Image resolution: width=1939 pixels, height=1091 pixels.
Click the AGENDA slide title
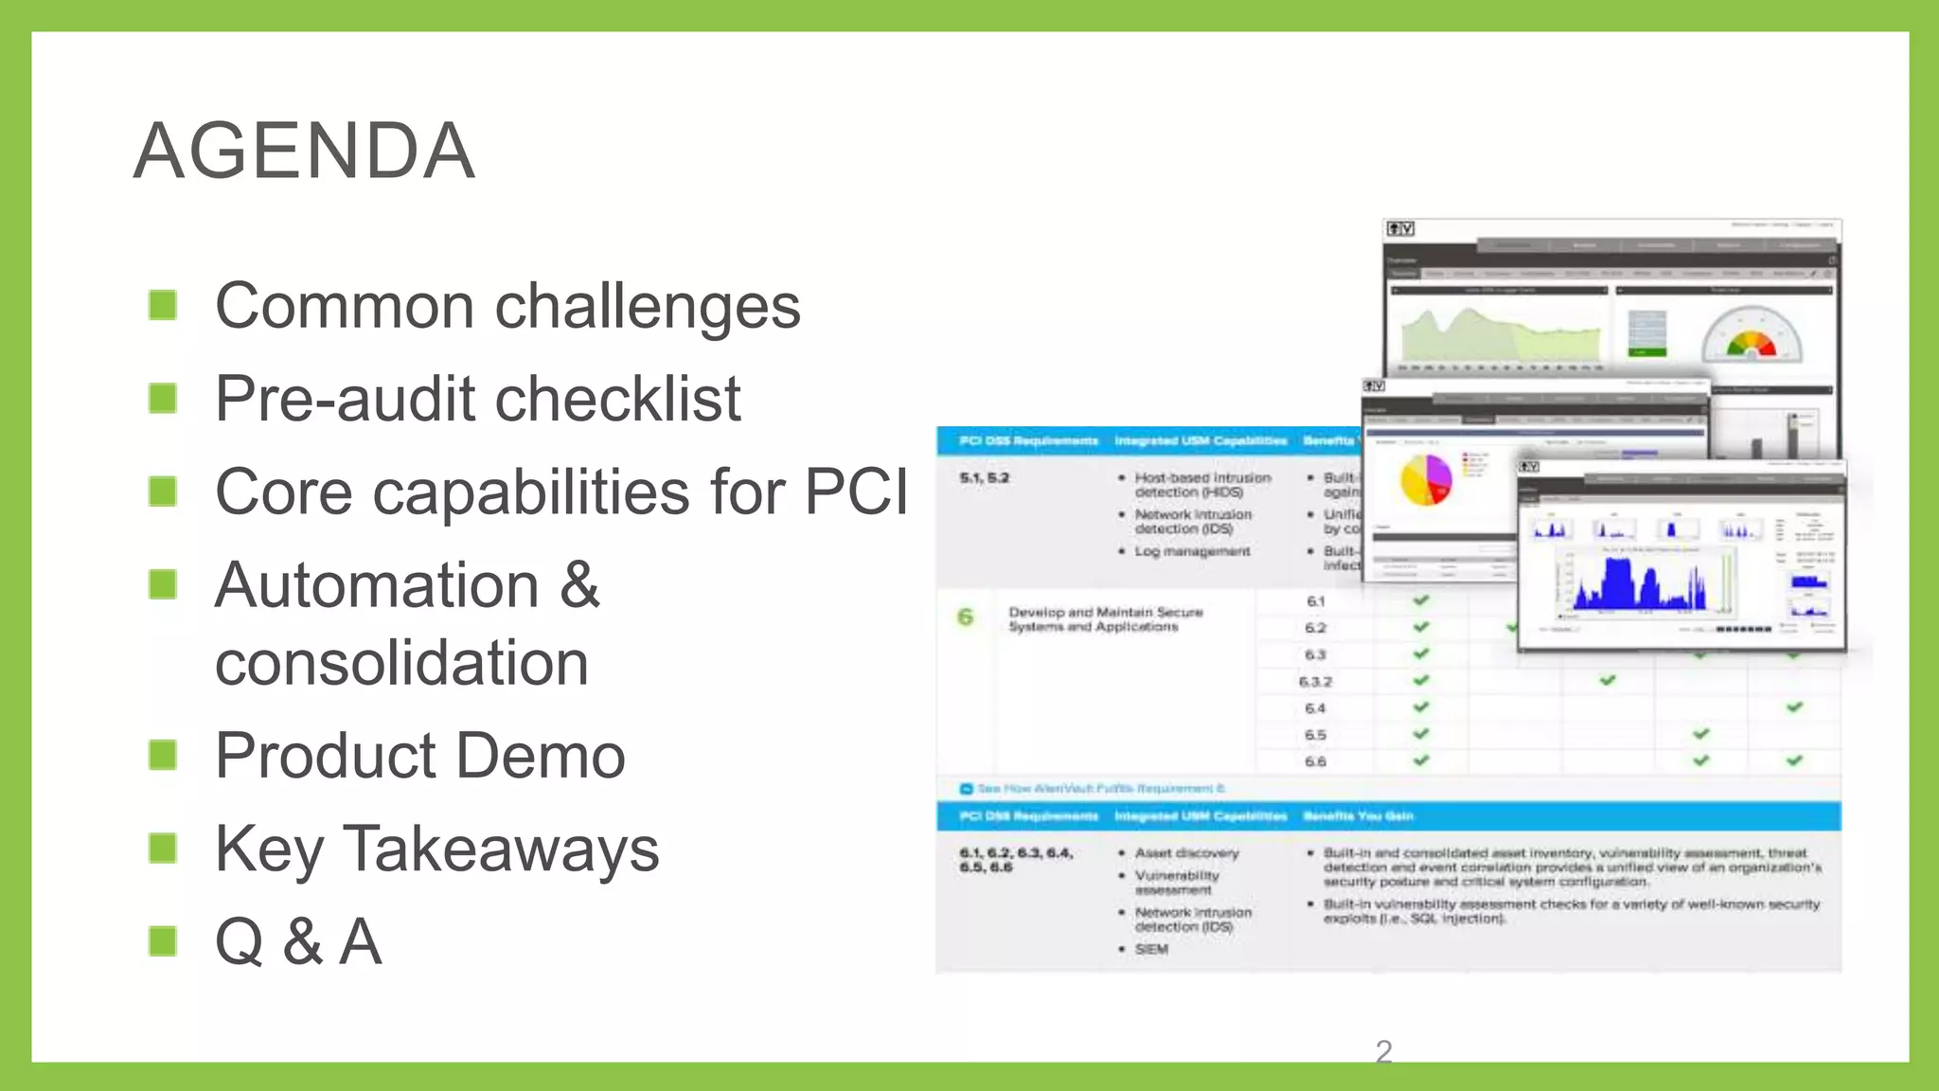(x=304, y=151)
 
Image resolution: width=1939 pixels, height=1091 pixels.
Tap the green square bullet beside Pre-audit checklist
(x=163, y=398)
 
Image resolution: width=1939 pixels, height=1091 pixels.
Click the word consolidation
(x=401, y=662)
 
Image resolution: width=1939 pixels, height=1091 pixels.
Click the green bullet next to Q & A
(x=163, y=940)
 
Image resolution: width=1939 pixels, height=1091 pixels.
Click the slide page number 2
(x=1383, y=1051)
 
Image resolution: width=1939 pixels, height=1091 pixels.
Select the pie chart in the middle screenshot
(x=1425, y=480)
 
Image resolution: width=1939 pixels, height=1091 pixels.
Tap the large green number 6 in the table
(x=965, y=617)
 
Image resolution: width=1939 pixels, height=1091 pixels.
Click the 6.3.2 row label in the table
(x=1315, y=682)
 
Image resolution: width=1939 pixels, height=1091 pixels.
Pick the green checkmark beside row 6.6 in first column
(x=1420, y=760)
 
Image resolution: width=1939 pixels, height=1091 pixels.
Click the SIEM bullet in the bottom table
(x=1151, y=949)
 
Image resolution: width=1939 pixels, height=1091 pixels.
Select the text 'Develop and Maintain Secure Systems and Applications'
(x=1104, y=619)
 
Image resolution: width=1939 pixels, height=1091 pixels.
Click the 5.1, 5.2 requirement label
(x=984, y=478)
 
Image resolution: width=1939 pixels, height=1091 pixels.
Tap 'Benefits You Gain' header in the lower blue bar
(x=1358, y=815)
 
